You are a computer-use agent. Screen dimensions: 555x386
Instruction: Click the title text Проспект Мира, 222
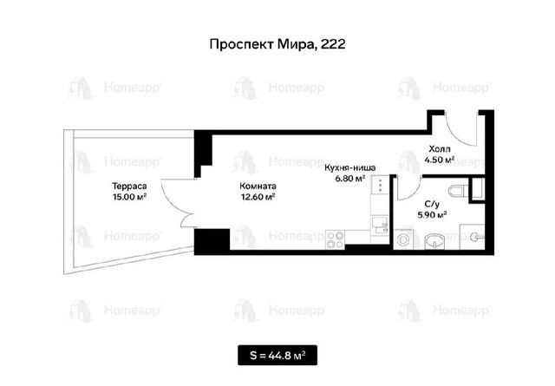277,44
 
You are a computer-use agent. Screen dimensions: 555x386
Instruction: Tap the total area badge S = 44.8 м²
277,355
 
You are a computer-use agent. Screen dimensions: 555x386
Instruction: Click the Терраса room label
129,186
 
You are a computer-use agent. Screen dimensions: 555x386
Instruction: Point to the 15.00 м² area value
129,197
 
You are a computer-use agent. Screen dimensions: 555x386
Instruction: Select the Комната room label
258,186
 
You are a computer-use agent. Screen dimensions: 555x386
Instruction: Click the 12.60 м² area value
258,197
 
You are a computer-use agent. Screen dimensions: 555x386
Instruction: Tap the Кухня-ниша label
350,167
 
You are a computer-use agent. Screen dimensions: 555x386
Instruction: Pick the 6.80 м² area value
350,179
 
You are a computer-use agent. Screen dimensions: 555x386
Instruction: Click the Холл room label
440,148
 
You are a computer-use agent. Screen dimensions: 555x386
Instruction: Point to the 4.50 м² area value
440,160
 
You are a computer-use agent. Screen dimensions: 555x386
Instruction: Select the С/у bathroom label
432,204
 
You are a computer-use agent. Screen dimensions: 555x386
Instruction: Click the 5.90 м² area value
432,214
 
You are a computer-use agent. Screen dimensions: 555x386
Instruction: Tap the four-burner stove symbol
335,239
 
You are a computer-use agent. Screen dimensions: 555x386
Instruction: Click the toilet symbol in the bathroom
459,192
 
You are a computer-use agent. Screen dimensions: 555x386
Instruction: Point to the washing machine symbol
402,239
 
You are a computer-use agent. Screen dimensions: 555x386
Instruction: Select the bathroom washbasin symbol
436,241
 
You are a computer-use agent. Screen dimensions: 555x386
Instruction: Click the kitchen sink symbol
380,226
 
